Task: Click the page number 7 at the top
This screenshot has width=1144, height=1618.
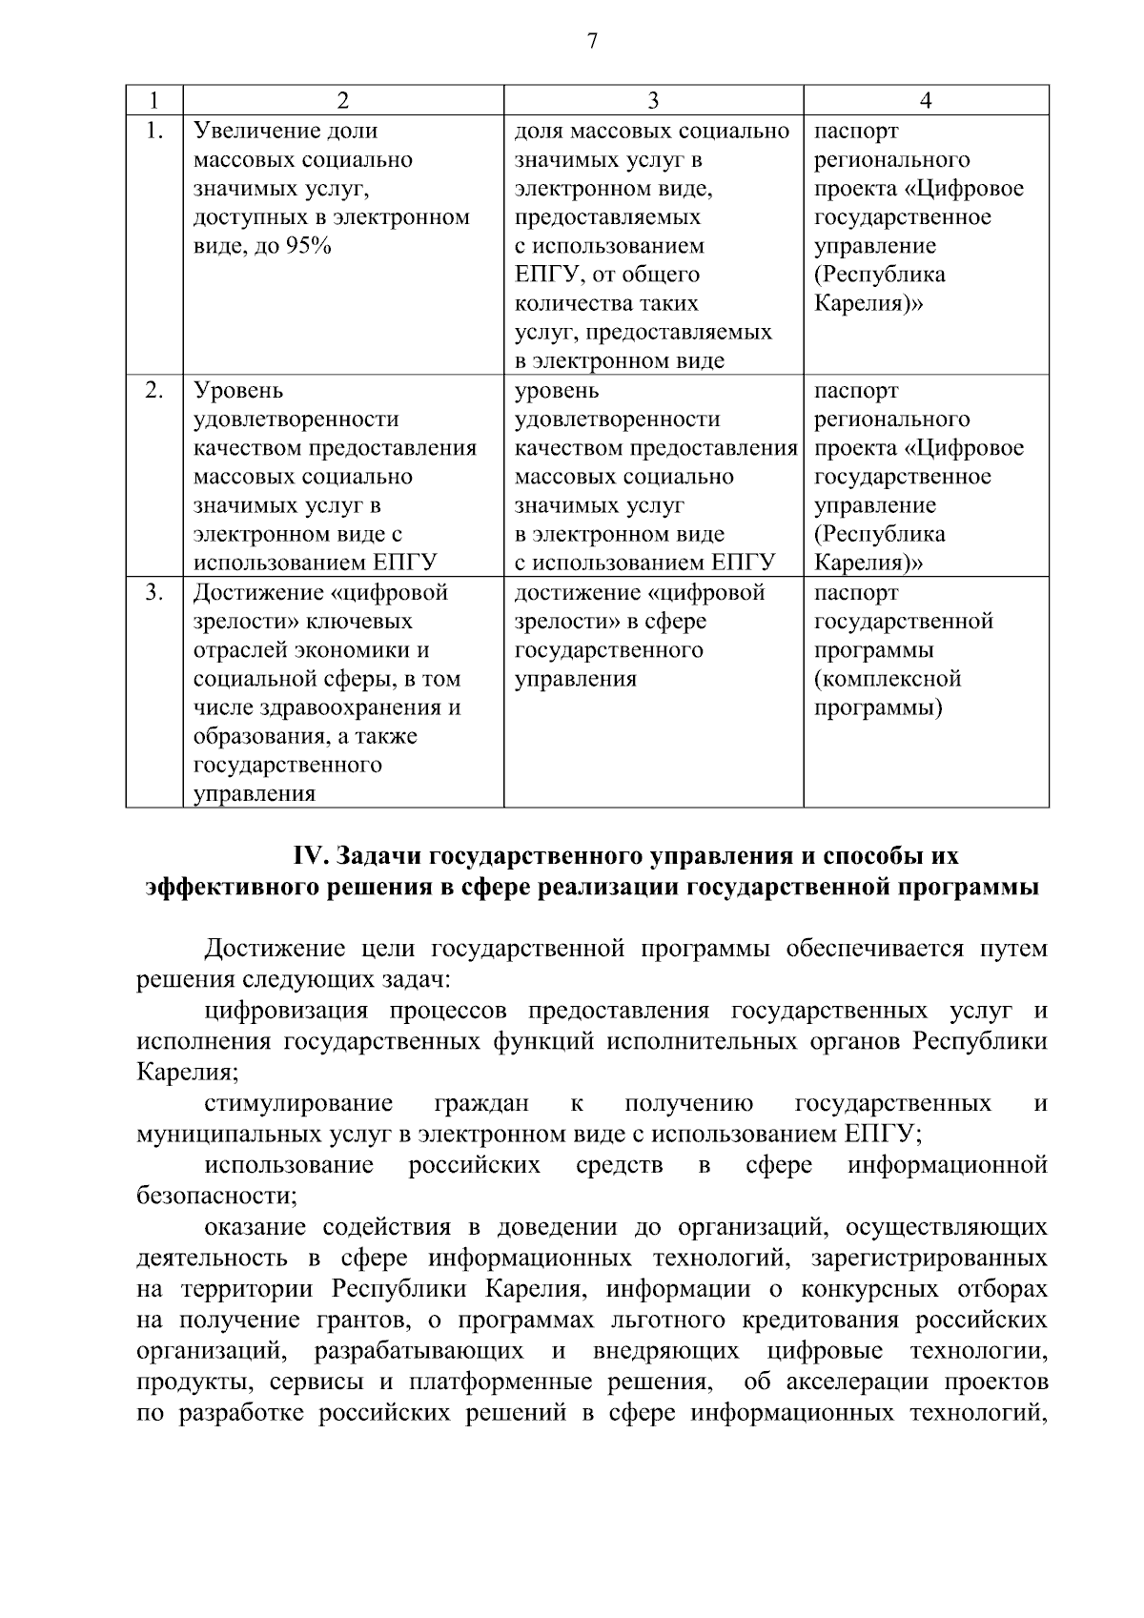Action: point(592,41)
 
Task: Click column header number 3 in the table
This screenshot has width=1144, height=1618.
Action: point(653,101)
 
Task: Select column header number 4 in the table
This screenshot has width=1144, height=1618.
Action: point(925,101)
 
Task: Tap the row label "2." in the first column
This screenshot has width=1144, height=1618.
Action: point(153,391)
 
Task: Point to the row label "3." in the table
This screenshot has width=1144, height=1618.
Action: point(153,593)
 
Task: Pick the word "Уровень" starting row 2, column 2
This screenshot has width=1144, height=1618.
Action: point(238,391)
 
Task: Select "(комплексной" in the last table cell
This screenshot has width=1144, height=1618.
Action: point(888,680)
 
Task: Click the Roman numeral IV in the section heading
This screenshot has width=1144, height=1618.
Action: point(310,856)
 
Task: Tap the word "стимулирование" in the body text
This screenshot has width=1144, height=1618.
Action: point(298,1104)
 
